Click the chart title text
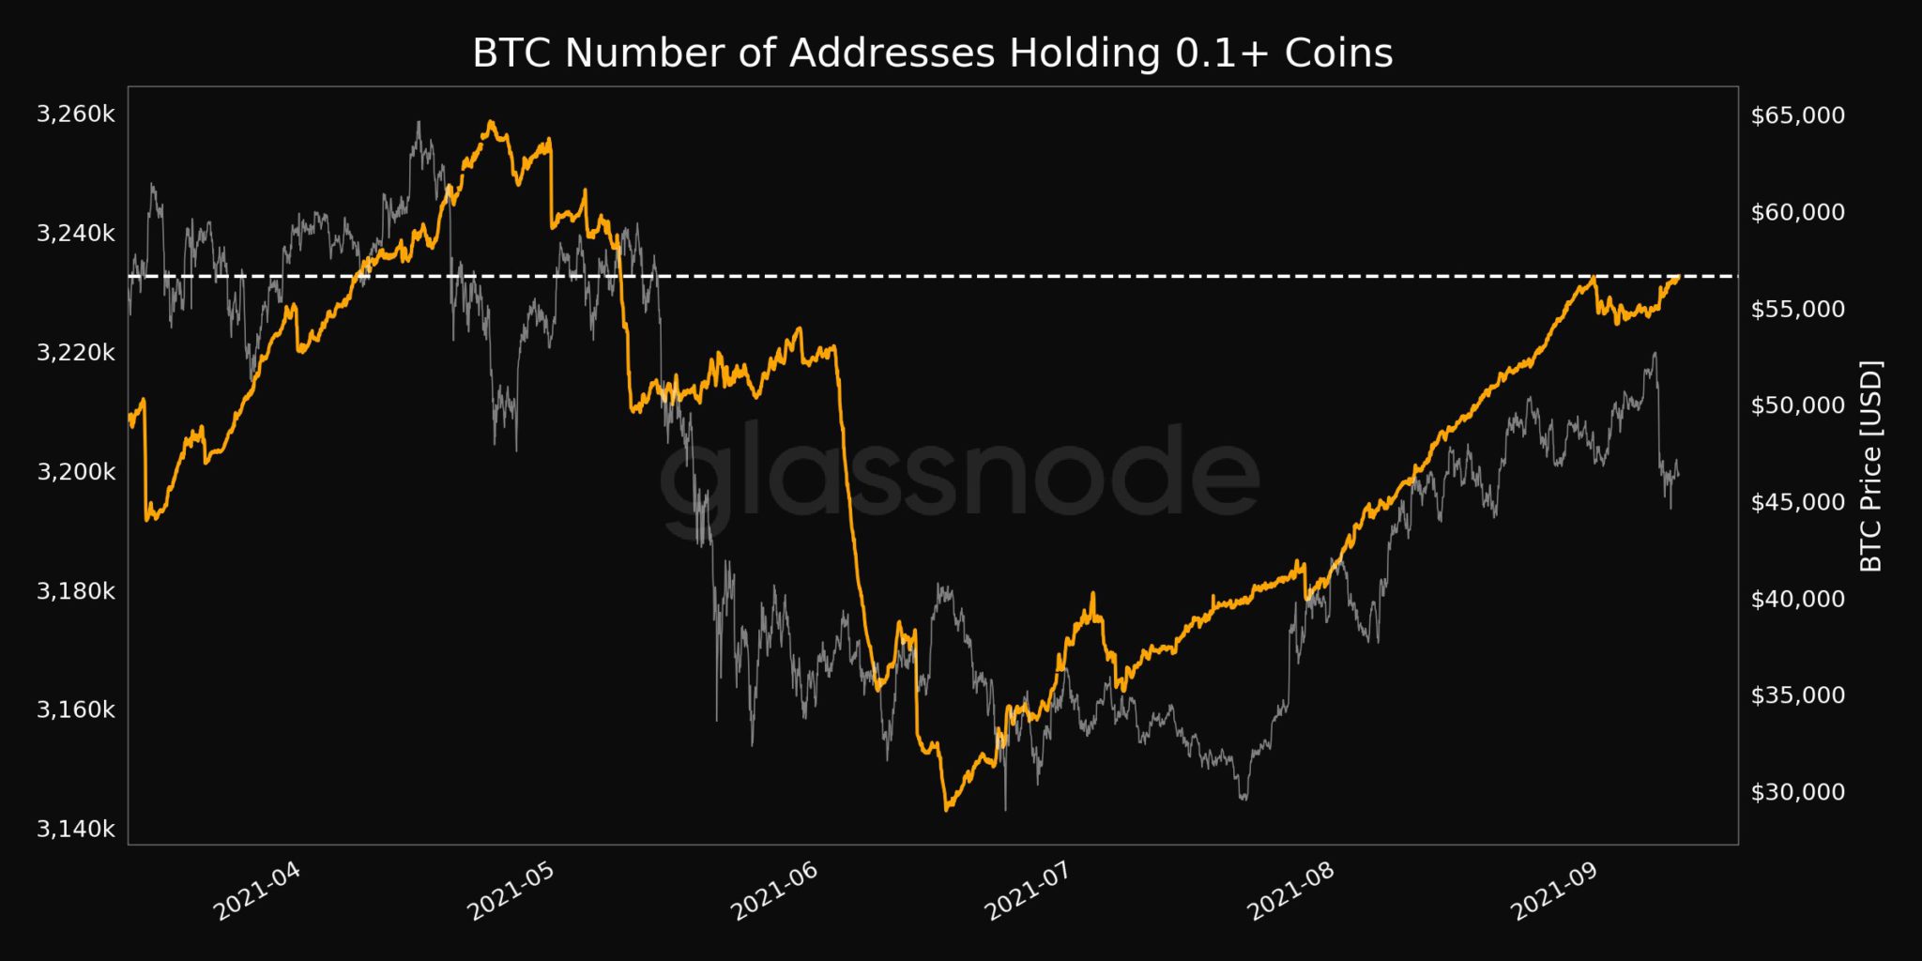[x=932, y=53]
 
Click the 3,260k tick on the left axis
[x=76, y=114]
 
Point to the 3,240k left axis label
[x=76, y=233]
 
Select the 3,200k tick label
[x=76, y=471]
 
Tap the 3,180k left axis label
[x=76, y=590]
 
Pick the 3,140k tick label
[x=76, y=829]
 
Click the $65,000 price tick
[x=1798, y=115]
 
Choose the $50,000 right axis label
[x=1798, y=405]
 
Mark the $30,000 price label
[x=1798, y=792]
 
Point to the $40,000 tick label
[x=1798, y=599]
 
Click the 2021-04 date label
[x=258, y=891]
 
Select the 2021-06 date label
[x=775, y=891]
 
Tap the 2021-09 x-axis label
[x=1554, y=891]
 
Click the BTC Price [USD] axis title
[x=1871, y=465]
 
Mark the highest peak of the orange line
[x=490, y=122]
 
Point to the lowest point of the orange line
[x=946, y=809]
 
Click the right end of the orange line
[x=1678, y=277]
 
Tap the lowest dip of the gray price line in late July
[x=1243, y=799]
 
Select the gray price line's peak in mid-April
[x=419, y=122]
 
